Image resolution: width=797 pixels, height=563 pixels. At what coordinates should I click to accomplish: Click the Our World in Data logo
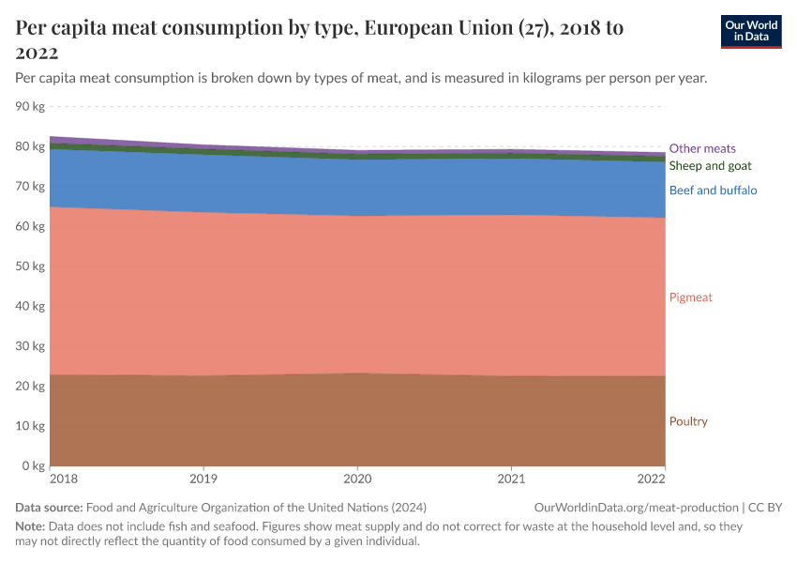tap(750, 31)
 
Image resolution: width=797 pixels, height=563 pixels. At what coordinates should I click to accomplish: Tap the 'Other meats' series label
tap(701, 148)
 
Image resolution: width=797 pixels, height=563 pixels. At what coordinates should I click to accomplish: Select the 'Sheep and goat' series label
tap(710, 166)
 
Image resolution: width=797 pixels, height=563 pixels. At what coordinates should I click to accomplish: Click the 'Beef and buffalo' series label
tap(713, 190)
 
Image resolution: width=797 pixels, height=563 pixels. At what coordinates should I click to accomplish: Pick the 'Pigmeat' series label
tap(690, 297)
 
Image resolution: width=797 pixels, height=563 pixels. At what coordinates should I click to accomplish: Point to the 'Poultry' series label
tap(688, 421)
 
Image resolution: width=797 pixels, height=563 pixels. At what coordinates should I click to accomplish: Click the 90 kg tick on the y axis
tap(31, 107)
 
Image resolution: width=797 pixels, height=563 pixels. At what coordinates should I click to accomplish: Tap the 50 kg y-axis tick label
tap(31, 266)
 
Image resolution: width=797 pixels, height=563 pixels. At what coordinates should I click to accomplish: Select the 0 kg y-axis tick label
tap(34, 466)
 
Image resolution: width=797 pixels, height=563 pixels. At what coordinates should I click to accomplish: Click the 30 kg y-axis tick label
tap(31, 346)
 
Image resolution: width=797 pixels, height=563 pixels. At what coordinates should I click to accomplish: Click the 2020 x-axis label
tap(357, 480)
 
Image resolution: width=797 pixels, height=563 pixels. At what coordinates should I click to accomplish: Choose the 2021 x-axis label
tap(511, 480)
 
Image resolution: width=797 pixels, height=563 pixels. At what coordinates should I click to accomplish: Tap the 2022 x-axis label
tap(652, 480)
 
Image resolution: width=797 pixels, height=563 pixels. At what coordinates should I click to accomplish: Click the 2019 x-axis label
tap(203, 480)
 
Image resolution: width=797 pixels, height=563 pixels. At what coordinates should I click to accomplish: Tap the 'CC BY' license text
tap(766, 507)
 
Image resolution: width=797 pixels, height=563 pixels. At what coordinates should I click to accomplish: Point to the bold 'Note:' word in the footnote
tap(30, 526)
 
